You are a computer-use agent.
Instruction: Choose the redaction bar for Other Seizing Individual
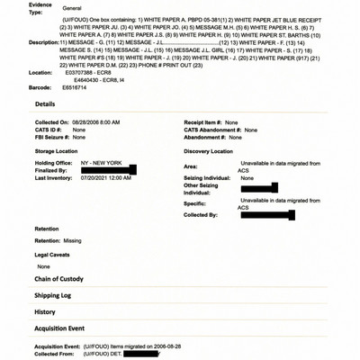point(258,188)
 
